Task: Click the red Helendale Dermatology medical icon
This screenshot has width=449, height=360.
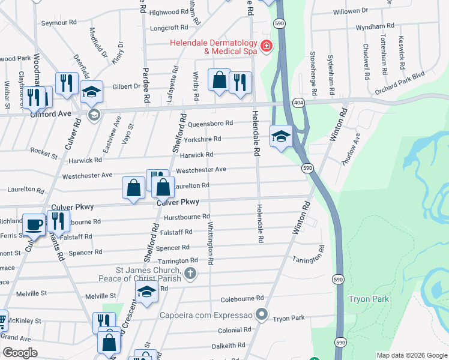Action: (x=265, y=46)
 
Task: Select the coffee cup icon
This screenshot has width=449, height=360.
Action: (x=34, y=225)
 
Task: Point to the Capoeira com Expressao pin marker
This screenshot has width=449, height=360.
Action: (x=261, y=314)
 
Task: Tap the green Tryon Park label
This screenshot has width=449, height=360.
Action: (x=369, y=299)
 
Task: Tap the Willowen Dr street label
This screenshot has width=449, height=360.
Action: (x=351, y=11)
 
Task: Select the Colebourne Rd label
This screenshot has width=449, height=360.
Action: (x=243, y=298)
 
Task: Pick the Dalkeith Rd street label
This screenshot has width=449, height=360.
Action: (x=231, y=346)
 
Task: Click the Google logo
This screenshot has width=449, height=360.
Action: (x=20, y=353)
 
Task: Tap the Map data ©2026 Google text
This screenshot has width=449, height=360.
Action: (x=411, y=356)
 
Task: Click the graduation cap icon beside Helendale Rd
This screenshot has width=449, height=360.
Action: (x=281, y=136)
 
